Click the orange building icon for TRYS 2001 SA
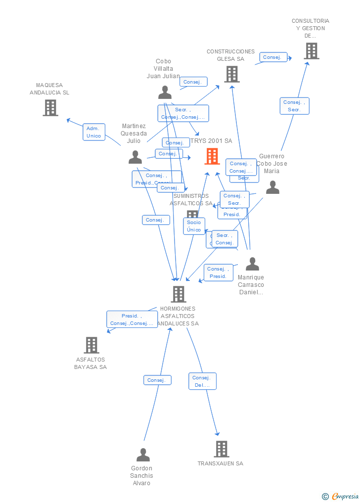(212, 156)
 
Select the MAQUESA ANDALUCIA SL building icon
(50, 107)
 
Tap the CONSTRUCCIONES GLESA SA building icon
(231, 74)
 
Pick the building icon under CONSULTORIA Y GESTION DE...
(311, 51)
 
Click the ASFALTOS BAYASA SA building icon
(91, 345)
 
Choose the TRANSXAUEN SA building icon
(221, 449)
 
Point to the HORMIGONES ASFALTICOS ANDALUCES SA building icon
(179, 294)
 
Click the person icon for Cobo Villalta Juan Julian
(165, 92)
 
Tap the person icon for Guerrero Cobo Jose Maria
(272, 187)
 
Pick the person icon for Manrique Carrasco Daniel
(252, 264)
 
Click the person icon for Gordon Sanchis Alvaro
(143, 455)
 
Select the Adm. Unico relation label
(94, 132)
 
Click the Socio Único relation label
(194, 226)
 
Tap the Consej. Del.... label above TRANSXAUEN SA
(202, 381)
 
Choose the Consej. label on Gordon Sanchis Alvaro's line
(157, 380)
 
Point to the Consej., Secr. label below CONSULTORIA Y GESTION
(294, 106)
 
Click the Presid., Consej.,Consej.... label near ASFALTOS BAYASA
(132, 319)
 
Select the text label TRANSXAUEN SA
(221, 463)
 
